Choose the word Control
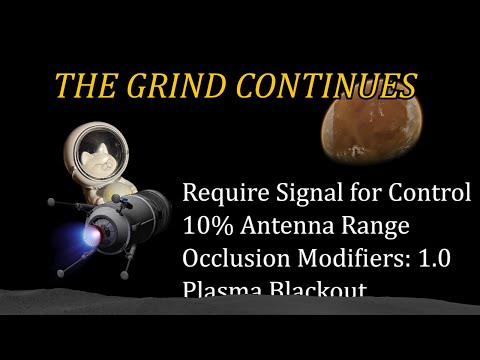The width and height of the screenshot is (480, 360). click(431, 192)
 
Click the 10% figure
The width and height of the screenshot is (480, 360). click(206, 225)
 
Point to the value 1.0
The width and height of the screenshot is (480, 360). click(432, 257)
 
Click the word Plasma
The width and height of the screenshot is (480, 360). click(219, 289)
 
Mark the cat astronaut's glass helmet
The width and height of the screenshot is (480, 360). click(99, 156)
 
